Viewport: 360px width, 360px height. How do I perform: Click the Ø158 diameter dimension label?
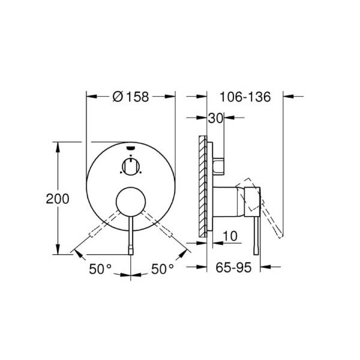coord(131,97)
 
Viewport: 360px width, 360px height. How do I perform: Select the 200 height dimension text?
coord(58,199)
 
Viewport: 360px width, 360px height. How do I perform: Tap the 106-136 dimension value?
coord(245,97)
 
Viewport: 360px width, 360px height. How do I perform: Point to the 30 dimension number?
coord(215,118)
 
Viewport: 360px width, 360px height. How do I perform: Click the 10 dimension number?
coord(230,236)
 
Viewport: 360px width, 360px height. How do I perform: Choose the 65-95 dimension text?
coord(233,268)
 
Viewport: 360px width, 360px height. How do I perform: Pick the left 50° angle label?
coord(100,269)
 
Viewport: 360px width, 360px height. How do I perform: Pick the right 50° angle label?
coord(163,269)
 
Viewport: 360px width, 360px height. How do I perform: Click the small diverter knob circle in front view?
coord(131,167)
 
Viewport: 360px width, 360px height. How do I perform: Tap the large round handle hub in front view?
coord(131,202)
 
